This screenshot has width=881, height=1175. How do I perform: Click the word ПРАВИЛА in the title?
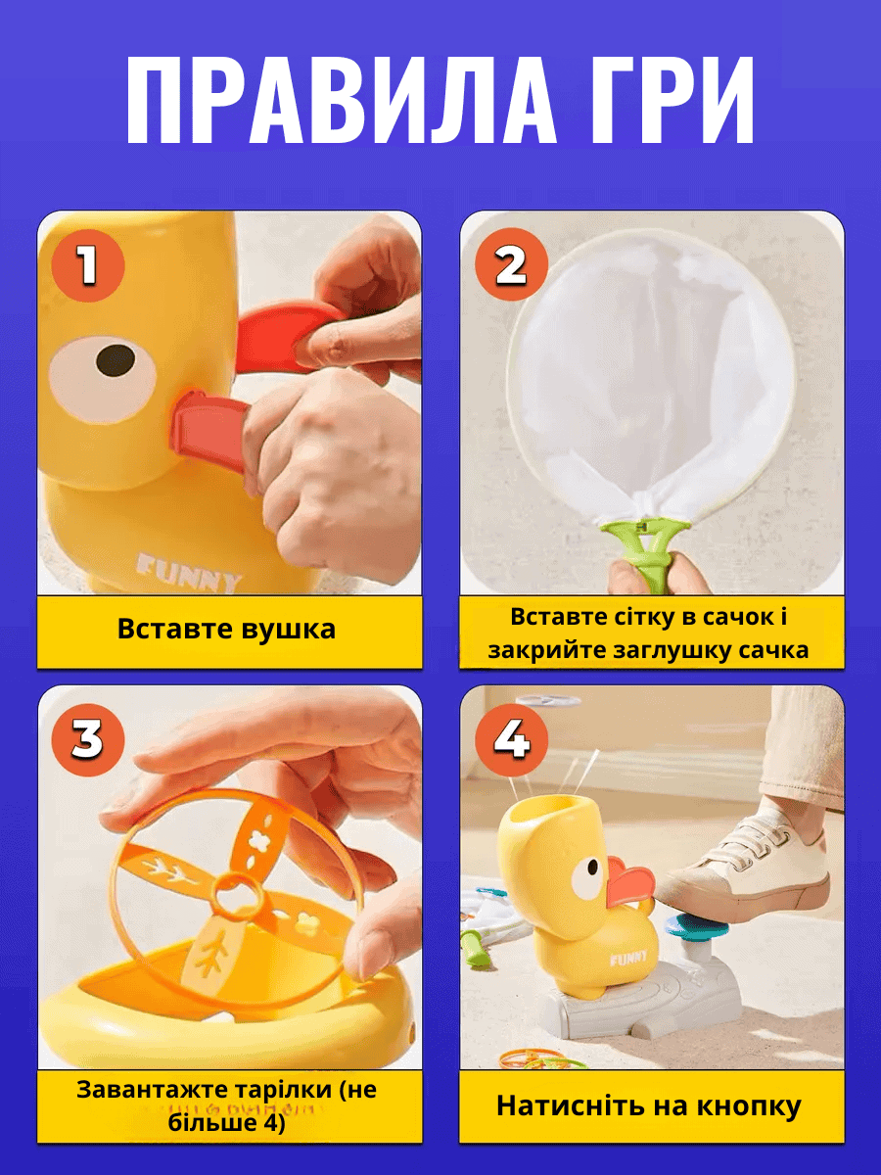click(341, 100)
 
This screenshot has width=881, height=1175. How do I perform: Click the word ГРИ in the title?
click(672, 100)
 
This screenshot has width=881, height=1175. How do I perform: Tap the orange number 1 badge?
click(88, 266)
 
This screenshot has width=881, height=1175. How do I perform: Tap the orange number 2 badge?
click(511, 266)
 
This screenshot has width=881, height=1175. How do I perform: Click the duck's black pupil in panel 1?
click(116, 359)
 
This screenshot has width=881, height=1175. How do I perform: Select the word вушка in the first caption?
click(288, 630)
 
